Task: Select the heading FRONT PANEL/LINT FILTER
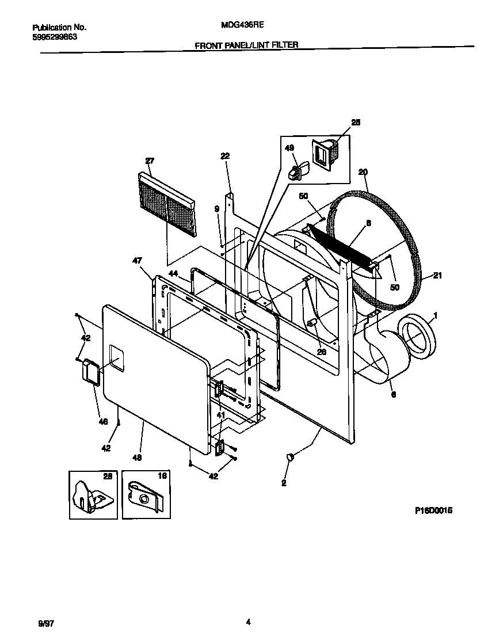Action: coord(246,44)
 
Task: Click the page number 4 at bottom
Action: coord(247,621)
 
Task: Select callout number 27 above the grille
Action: coord(150,161)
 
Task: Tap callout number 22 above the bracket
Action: coord(224,156)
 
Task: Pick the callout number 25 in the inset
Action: coord(356,122)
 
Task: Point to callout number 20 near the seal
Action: coord(363,171)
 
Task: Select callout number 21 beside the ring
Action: coord(437,276)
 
